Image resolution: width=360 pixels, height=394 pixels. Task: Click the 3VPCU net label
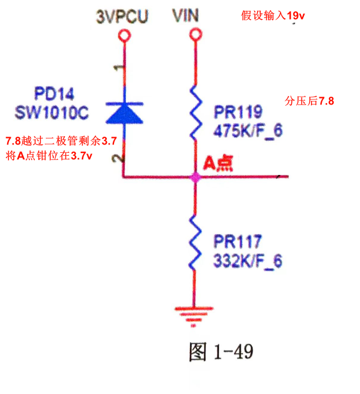click(124, 17)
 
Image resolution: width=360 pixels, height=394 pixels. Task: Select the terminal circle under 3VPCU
click(124, 36)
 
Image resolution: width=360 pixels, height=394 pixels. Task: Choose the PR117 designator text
click(238, 242)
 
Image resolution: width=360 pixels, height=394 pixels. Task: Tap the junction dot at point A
click(195, 177)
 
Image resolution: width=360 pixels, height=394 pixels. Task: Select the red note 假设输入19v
click(273, 16)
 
